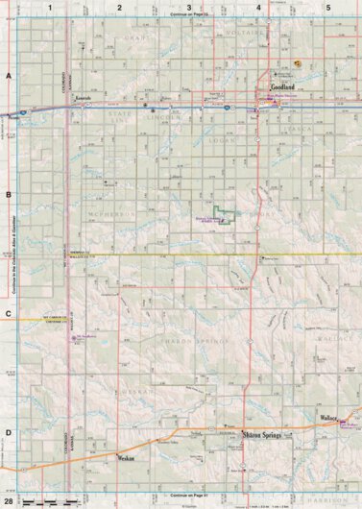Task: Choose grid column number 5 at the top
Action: tap(328, 8)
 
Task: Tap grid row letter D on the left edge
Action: tap(8, 432)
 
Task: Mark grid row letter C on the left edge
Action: tap(8, 314)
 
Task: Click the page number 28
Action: tap(9, 501)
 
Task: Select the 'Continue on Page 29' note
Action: tap(189, 17)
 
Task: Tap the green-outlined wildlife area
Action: tap(226, 215)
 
